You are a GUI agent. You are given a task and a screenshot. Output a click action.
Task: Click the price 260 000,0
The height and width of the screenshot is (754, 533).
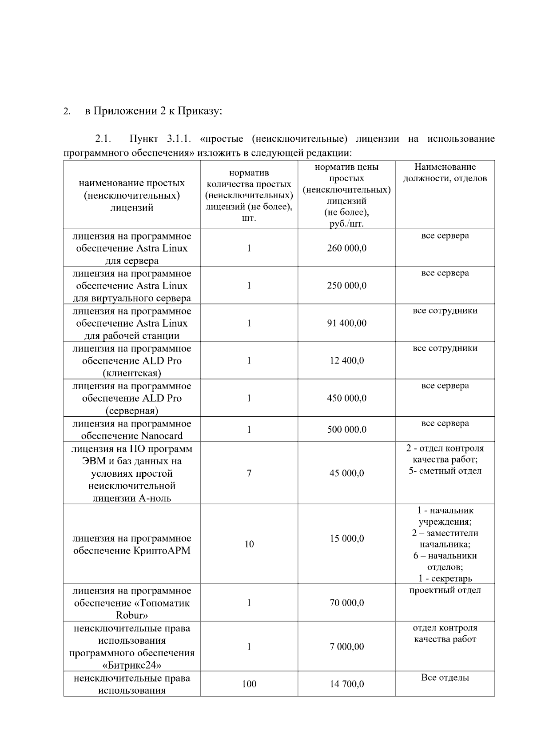346,248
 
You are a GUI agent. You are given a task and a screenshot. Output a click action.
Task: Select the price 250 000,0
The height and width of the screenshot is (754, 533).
346,286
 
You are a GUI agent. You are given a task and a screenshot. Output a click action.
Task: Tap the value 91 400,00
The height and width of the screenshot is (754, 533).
346,323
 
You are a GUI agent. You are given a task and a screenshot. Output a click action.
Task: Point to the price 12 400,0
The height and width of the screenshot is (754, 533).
346,361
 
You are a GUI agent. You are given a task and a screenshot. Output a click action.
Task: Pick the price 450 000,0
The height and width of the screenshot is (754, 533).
346,398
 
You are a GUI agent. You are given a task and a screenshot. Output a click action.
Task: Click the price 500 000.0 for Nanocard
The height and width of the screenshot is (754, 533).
346,430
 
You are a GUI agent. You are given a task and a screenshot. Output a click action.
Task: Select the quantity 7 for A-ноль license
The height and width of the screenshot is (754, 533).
249,473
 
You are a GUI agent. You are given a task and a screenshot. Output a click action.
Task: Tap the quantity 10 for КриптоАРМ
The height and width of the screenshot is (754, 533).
249,544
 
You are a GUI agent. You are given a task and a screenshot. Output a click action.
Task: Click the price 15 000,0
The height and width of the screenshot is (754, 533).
346,539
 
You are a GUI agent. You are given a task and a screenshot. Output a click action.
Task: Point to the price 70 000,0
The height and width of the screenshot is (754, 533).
346,603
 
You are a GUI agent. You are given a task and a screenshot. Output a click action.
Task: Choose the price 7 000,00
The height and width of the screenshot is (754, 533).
346,646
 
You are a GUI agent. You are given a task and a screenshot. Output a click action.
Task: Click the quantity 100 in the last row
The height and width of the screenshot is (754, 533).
249,684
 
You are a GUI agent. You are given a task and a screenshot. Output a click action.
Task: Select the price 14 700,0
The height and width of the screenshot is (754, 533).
346,684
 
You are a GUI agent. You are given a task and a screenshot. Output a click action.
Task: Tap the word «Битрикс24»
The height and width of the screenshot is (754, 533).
131,665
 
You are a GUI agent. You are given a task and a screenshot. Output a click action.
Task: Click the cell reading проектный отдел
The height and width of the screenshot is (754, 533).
445,590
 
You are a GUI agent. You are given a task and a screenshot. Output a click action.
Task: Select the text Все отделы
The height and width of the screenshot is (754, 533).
445,678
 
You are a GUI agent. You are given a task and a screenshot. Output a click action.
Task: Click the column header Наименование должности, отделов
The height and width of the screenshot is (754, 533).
445,173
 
